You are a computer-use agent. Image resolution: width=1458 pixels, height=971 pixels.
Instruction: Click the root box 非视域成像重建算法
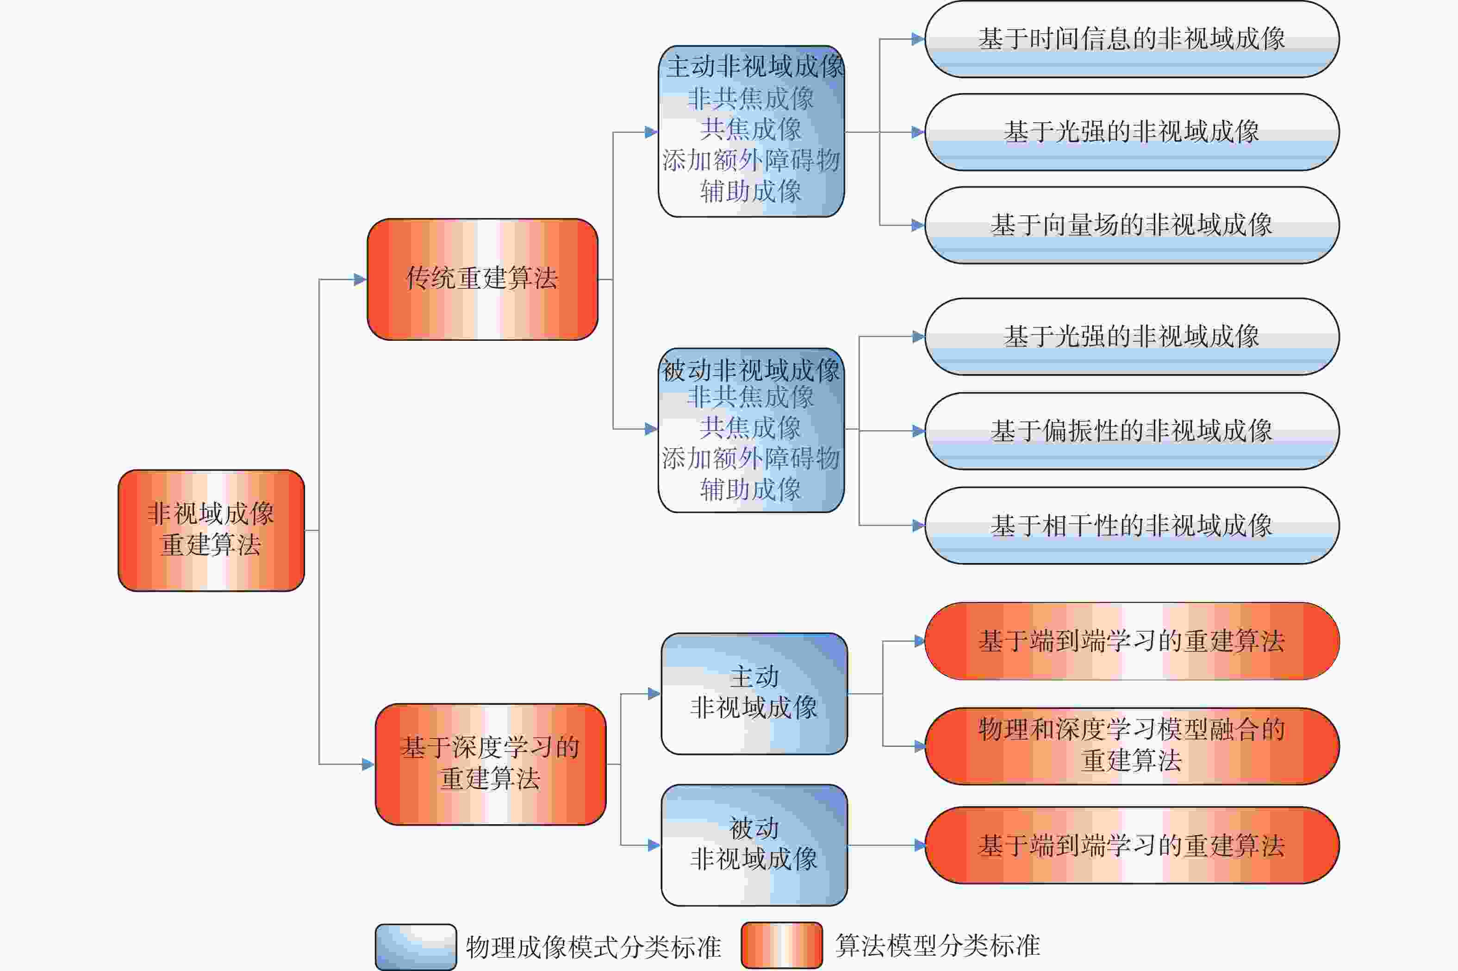tap(211, 530)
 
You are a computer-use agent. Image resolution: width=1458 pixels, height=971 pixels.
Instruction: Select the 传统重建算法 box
tap(482, 279)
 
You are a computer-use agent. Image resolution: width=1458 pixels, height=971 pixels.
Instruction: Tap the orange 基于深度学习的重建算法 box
tap(490, 764)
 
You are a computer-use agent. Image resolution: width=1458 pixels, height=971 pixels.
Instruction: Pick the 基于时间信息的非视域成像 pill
tap(1131, 39)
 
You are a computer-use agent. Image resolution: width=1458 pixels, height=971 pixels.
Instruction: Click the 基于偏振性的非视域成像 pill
tap(1131, 431)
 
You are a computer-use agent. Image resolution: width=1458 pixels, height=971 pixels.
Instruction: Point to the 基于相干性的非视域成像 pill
tap(1131, 526)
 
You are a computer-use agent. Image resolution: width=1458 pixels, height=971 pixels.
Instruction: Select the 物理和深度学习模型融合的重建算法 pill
tap(1131, 745)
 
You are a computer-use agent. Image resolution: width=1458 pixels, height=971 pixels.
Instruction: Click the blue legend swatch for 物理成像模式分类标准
tap(415, 947)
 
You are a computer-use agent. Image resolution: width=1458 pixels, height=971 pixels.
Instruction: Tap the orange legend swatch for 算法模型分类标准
tap(782, 946)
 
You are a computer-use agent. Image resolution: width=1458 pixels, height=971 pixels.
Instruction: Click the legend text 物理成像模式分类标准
tap(593, 947)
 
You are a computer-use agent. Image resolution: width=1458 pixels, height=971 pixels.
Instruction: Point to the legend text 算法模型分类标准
tap(937, 946)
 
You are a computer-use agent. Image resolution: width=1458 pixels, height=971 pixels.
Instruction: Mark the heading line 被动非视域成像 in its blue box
tap(751, 370)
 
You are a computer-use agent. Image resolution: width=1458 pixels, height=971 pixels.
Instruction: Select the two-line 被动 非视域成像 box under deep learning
tap(754, 845)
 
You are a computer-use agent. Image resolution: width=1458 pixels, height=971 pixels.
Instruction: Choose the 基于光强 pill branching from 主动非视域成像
tap(1131, 132)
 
